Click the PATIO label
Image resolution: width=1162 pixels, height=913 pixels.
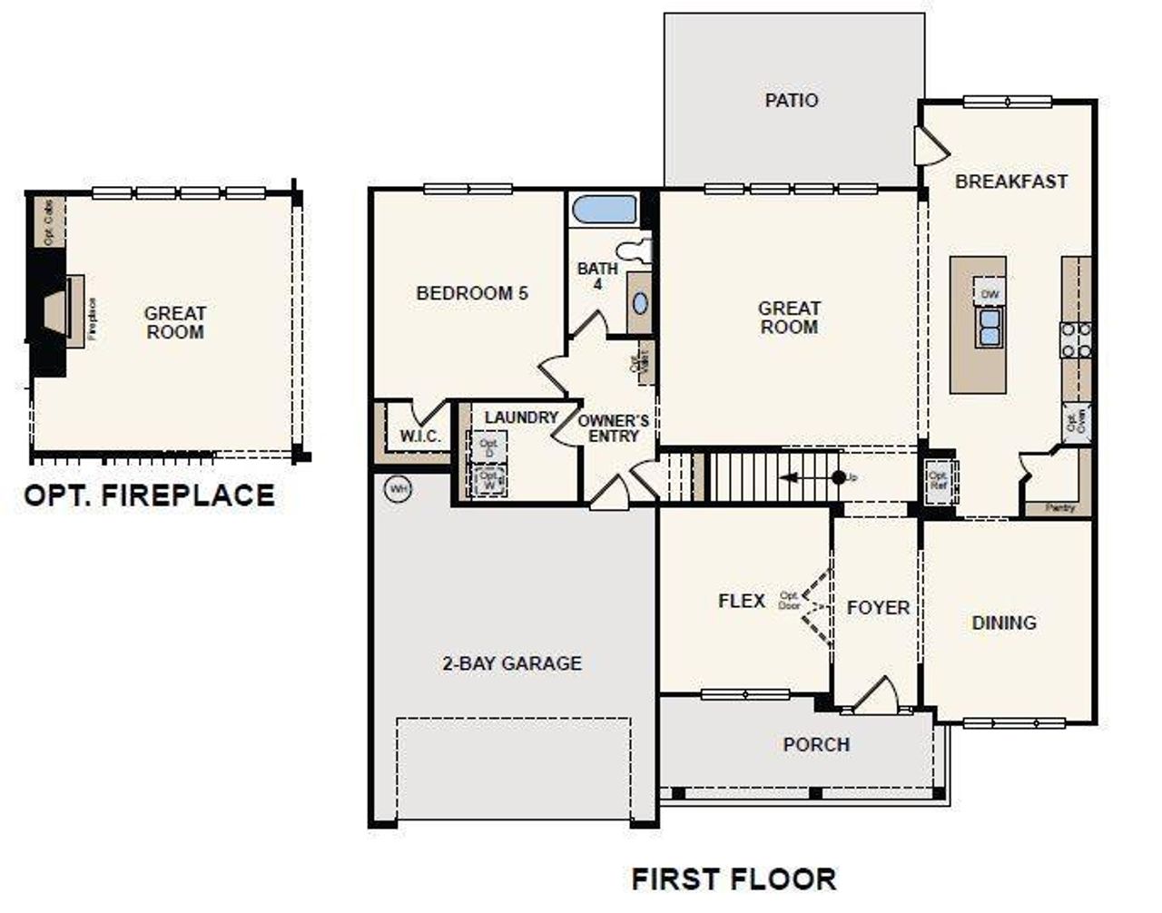(791, 100)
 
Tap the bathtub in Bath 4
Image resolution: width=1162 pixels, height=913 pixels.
(606, 210)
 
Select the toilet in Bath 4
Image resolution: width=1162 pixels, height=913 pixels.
(635, 250)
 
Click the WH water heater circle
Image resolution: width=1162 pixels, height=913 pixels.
(398, 489)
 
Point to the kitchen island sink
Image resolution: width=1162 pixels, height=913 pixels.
(990, 328)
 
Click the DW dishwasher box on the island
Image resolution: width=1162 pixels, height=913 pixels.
(990, 294)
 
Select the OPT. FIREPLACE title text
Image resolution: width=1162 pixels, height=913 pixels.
(149, 496)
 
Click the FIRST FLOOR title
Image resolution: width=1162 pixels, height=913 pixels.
(734, 879)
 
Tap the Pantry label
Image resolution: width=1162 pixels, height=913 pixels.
(1059, 508)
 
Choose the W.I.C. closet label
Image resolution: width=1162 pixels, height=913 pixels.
(420, 437)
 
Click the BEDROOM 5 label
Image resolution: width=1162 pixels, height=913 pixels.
(471, 293)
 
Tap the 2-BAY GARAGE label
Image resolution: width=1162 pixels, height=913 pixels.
(511, 663)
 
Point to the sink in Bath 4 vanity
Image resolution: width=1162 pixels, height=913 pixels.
(641, 303)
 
